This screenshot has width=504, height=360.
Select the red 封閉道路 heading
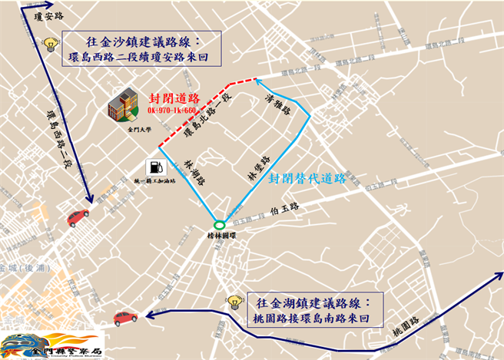[174, 99]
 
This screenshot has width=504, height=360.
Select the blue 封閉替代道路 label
[307, 179]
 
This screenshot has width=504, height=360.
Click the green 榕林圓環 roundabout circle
[220, 224]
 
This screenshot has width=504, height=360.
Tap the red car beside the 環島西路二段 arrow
[78, 218]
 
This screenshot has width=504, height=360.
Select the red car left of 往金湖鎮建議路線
[124, 316]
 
